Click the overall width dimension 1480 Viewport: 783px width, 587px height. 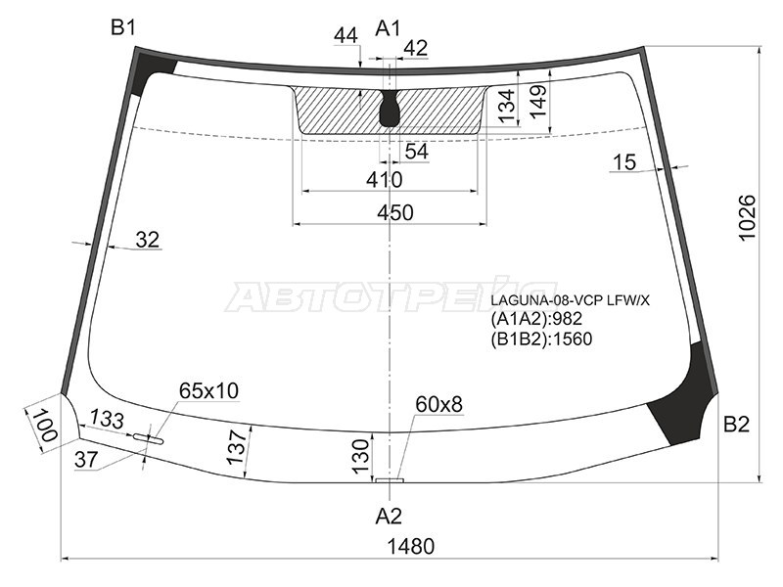[x=411, y=546]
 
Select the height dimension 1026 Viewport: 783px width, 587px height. [x=747, y=217]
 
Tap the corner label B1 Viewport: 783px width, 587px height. [x=123, y=28]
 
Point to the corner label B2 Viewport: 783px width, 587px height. [x=737, y=425]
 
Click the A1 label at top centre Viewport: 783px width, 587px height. [x=388, y=28]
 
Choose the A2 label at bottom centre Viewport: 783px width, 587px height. [x=389, y=517]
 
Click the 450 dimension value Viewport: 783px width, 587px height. [x=395, y=212]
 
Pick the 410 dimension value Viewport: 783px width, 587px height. [x=384, y=180]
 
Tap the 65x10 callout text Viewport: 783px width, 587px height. [x=208, y=390]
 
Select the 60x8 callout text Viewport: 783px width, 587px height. [x=438, y=404]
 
